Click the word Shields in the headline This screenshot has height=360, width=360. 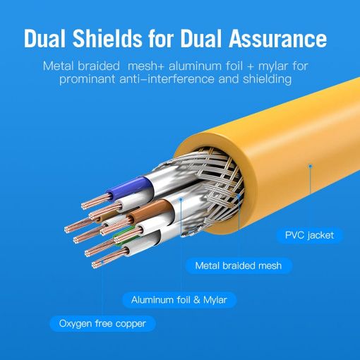point(107,39)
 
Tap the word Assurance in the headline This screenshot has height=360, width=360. point(277,39)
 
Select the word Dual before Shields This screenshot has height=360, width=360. point(44,39)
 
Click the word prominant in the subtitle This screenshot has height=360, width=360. point(87,79)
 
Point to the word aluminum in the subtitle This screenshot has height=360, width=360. point(195,66)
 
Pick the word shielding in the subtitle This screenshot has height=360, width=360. point(267,79)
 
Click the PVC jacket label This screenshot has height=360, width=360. point(309,235)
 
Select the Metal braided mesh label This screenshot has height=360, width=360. point(239,265)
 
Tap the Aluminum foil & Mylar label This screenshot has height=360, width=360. point(179,300)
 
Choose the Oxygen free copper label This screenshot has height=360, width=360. point(102,323)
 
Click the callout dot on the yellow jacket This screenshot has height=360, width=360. point(311,167)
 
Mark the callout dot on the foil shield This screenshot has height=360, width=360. point(181,200)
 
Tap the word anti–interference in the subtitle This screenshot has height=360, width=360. point(167,79)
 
